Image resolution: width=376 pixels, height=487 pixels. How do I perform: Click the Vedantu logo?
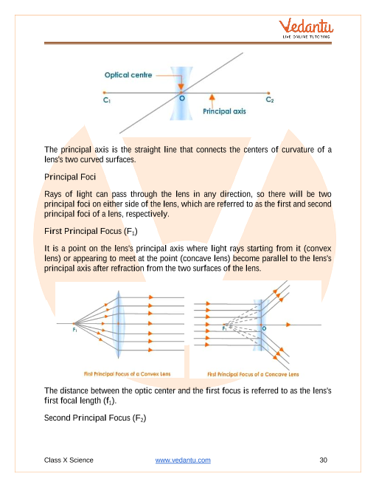[306, 28]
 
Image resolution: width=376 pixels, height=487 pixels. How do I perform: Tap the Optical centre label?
[128, 75]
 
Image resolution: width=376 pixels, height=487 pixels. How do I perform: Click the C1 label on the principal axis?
[107, 100]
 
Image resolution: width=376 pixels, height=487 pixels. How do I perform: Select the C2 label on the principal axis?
[270, 100]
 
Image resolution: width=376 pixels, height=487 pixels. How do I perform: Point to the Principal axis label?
[224, 111]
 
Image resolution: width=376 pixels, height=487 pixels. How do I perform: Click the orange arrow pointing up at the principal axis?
[212, 100]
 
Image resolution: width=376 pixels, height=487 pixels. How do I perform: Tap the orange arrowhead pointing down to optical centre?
[181, 86]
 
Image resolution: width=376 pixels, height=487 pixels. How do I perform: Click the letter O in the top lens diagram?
[182, 98]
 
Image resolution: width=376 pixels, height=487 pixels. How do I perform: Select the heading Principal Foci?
[70, 177]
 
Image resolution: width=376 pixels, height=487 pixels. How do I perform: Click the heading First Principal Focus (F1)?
[91, 232]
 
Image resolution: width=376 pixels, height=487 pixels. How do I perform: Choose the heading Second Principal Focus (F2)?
[95, 418]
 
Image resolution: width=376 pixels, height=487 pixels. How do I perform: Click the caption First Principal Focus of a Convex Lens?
[128, 374]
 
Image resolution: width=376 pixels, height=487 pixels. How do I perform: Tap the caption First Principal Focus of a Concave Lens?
[253, 375]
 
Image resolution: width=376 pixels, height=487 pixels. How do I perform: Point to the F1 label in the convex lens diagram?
[74, 330]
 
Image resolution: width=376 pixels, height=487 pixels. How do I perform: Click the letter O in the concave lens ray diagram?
[264, 328]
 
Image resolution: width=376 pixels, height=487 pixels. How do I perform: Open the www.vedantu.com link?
[183, 460]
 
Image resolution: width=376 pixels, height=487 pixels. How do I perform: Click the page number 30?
[323, 460]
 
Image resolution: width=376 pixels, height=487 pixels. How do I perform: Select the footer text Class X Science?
[69, 460]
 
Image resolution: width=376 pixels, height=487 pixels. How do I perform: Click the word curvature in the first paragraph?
[298, 150]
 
